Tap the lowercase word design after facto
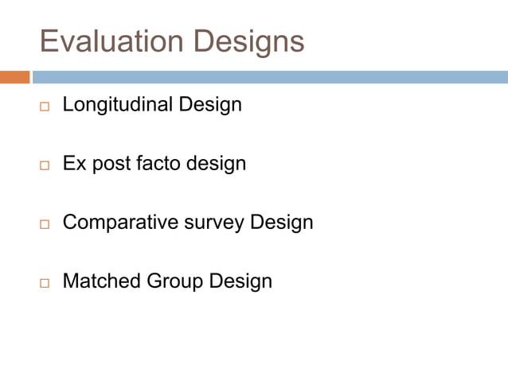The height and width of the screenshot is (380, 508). [x=216, y=165]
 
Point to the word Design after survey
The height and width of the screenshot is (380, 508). [x=282, y=223]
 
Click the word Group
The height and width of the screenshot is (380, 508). [x=175, y=281]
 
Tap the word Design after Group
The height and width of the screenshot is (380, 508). [x=240, y=281]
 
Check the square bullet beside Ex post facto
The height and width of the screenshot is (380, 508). [x=45, y=165]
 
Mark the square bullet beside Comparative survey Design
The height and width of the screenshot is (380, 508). [x=45, y=224]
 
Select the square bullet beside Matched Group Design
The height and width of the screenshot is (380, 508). [x=45, y=283]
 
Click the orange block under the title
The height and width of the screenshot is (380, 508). [x=14, y=77]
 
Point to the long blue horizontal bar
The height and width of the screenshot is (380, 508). [x=270, y=77]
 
